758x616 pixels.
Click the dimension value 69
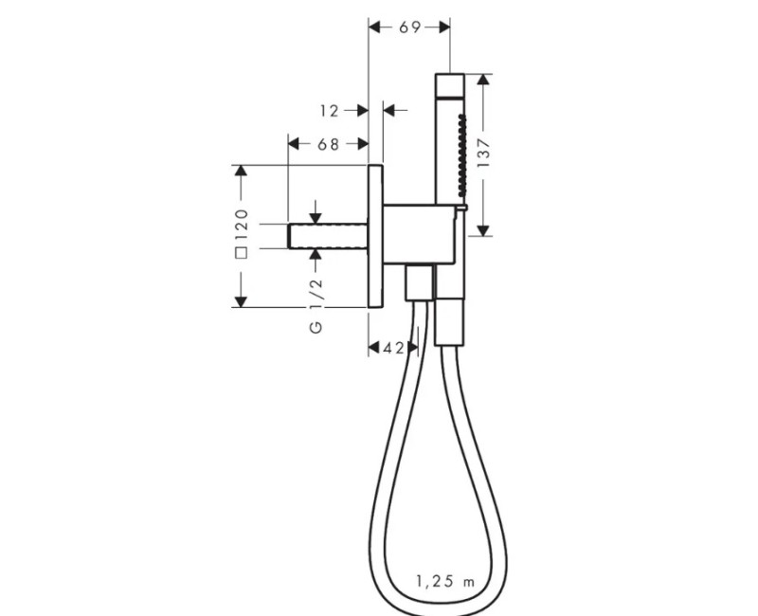pos(409,27)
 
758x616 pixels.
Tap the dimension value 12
pos(329,111)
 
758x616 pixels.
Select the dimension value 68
pos(328,144)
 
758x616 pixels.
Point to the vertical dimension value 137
pos(483,153)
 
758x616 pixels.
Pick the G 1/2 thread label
pos(316,305)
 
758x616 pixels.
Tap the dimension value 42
pos(393,347)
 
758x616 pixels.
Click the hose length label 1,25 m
pos(445,581)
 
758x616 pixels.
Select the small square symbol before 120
pos(241,252)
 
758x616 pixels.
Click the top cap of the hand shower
pos(449,85)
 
